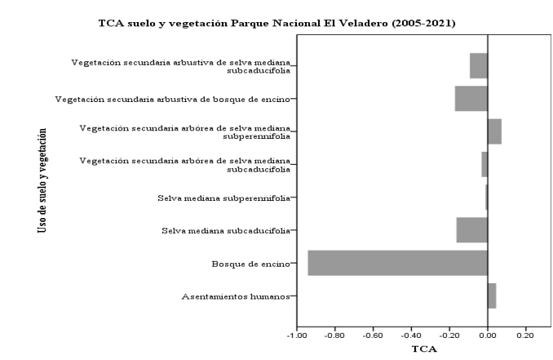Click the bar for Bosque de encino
point(397,263)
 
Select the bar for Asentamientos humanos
point(492,296)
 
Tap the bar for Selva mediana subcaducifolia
point(471,230)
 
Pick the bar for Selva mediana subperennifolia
point(486,198)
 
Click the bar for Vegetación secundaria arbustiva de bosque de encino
point(471,99)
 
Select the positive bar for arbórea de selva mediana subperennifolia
point(494,131)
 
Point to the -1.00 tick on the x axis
point(297,335)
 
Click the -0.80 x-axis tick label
point(335,335)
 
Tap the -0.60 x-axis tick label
point(374,335)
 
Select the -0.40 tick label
point(411,335)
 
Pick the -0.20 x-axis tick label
point(449,335)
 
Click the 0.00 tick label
point(488,335)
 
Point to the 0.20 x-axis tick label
point(525,335)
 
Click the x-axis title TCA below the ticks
point(424,349)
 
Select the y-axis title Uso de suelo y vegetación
point(41,180)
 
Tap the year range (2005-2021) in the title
point(418,22)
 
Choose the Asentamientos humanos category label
point(235,296)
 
